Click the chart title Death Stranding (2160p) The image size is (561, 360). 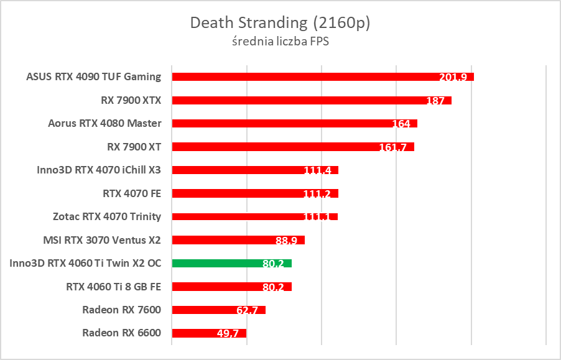pos(280,23)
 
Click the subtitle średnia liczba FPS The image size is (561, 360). pos(280,42)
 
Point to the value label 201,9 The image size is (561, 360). pos(453,77)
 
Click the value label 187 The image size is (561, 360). pos(435,101)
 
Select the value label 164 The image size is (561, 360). pos(401,124)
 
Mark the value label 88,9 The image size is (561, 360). pos(290,241)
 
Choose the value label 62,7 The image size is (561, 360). pos(251,310)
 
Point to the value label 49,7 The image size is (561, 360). pos(231,334)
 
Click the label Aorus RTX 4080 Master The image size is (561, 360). pos(104,123)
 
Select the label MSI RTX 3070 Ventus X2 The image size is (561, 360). pos(101,239)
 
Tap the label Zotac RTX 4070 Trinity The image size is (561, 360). pos(107,216)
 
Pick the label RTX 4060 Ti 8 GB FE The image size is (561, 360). pos(113,287)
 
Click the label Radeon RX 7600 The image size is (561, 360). pos(121,310)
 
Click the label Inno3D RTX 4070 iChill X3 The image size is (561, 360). pos(99,170)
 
